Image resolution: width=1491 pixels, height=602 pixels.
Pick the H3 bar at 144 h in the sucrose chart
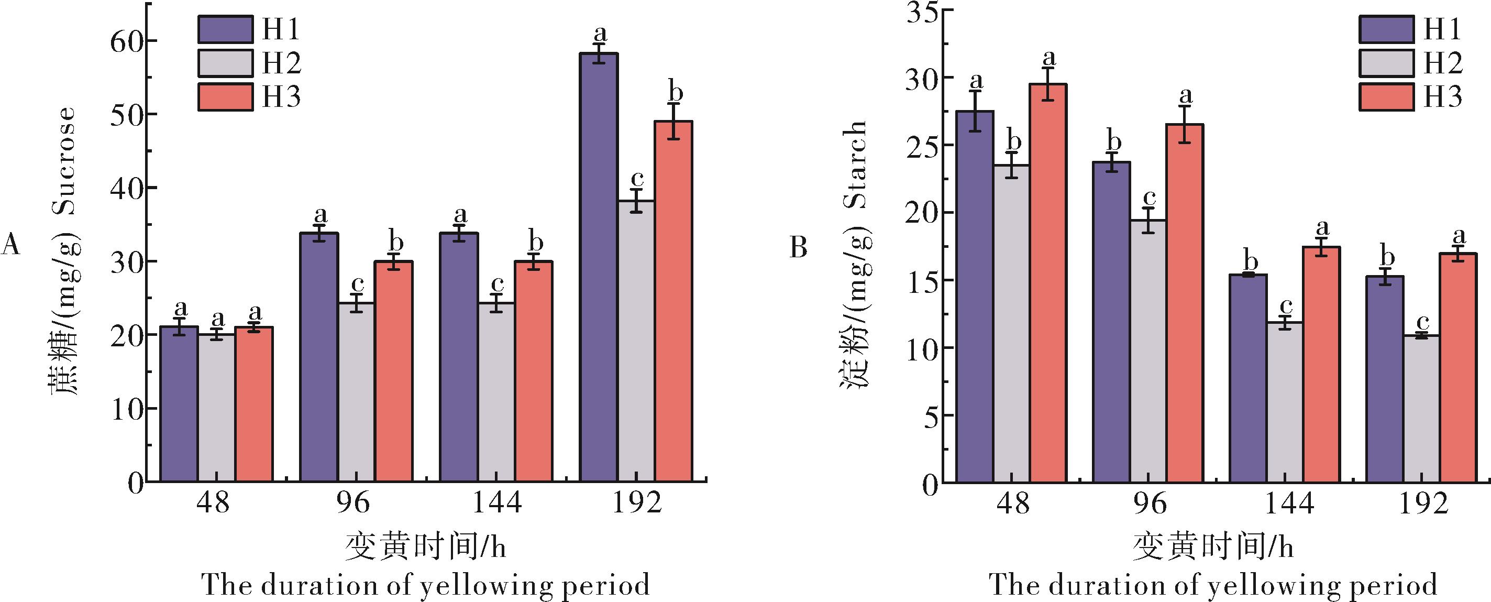pyautogui.click(x=534, y=371)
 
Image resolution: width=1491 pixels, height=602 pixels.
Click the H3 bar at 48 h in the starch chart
pyautogui.click(x=1047, y=283)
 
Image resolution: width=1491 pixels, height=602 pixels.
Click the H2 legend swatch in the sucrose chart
pyautogui.click(x=225, y=63)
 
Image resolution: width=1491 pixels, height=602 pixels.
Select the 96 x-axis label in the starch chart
pyautogui.click(x=1150, y=502)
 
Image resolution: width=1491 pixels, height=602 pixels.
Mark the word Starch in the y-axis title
pyautogui.click(x=856, y=164)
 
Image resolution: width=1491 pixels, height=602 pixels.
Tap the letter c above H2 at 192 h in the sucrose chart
pyautogui.click(x=637, y=178)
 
